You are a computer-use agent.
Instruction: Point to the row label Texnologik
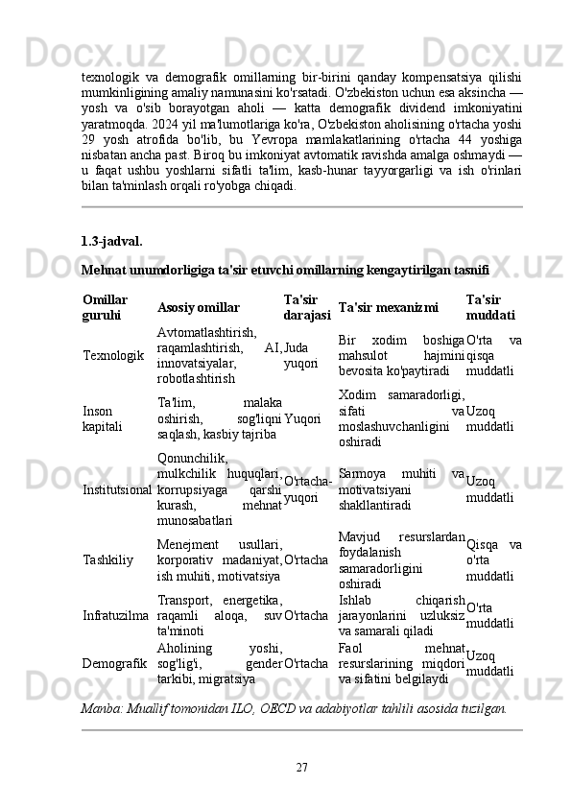(x=114, y=355)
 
